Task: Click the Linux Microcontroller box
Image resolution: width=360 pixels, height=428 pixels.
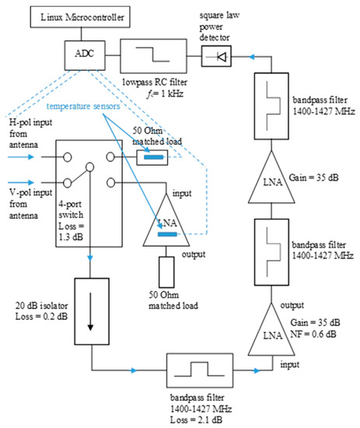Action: tap(80, 17)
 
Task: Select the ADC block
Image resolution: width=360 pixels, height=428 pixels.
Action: tap(85, 55)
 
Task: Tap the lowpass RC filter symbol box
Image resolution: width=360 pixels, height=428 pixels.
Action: tap(153, 56)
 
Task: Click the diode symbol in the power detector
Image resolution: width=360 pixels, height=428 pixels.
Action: tap(222, 57)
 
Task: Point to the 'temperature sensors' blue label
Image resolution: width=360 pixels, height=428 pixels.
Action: tap(83, 106)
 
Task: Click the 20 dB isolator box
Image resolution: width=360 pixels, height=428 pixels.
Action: tap(92, 311)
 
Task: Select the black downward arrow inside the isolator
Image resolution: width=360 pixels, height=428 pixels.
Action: tap(90, 311)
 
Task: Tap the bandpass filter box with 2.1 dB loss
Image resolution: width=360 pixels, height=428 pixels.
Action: tap(200, 370)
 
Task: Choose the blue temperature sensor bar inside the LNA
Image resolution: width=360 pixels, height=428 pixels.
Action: tap(167, 234)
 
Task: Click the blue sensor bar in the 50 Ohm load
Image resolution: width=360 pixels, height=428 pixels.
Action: tap(153, 157)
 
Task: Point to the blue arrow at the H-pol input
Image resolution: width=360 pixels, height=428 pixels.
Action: tap(21, 157)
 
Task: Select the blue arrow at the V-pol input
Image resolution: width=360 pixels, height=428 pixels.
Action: tap(21, 182)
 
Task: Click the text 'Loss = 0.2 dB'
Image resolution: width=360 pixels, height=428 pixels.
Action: tap(41, 317)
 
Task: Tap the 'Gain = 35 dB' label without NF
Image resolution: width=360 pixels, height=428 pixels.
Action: tap(313, 177)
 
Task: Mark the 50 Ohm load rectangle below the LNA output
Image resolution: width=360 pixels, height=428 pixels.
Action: tap(166, 272)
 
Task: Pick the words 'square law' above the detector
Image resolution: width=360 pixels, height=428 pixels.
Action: tap(219, 16)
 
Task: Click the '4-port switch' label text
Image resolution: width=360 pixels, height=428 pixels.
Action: tap(71, 209)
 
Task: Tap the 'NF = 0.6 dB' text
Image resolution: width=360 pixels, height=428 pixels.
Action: tap(313, 334)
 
